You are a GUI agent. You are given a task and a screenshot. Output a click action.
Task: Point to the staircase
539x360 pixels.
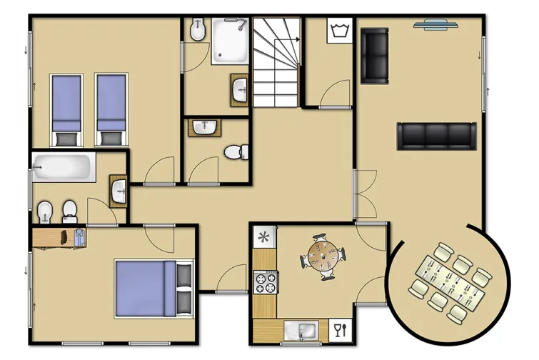click(275, 62)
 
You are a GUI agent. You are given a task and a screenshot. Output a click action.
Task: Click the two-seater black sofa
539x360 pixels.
click(374, 55)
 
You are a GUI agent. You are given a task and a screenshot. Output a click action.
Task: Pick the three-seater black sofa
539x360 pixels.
click(435, 136)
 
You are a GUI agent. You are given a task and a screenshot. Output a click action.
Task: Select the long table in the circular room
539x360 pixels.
click(447, 281)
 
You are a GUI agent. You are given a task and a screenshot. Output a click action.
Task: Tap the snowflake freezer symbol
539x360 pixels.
click(264, 236)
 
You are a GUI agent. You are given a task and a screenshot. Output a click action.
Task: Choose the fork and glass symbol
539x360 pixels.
click(341, 329)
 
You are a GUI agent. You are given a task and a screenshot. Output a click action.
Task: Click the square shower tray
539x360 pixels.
click(228, 41)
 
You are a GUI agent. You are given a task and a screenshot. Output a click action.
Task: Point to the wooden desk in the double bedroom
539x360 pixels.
click(59, 237)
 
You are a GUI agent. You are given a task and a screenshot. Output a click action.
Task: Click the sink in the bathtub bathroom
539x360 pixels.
click(119, 190)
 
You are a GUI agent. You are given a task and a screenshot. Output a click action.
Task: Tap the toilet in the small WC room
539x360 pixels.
click(234, 152)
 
